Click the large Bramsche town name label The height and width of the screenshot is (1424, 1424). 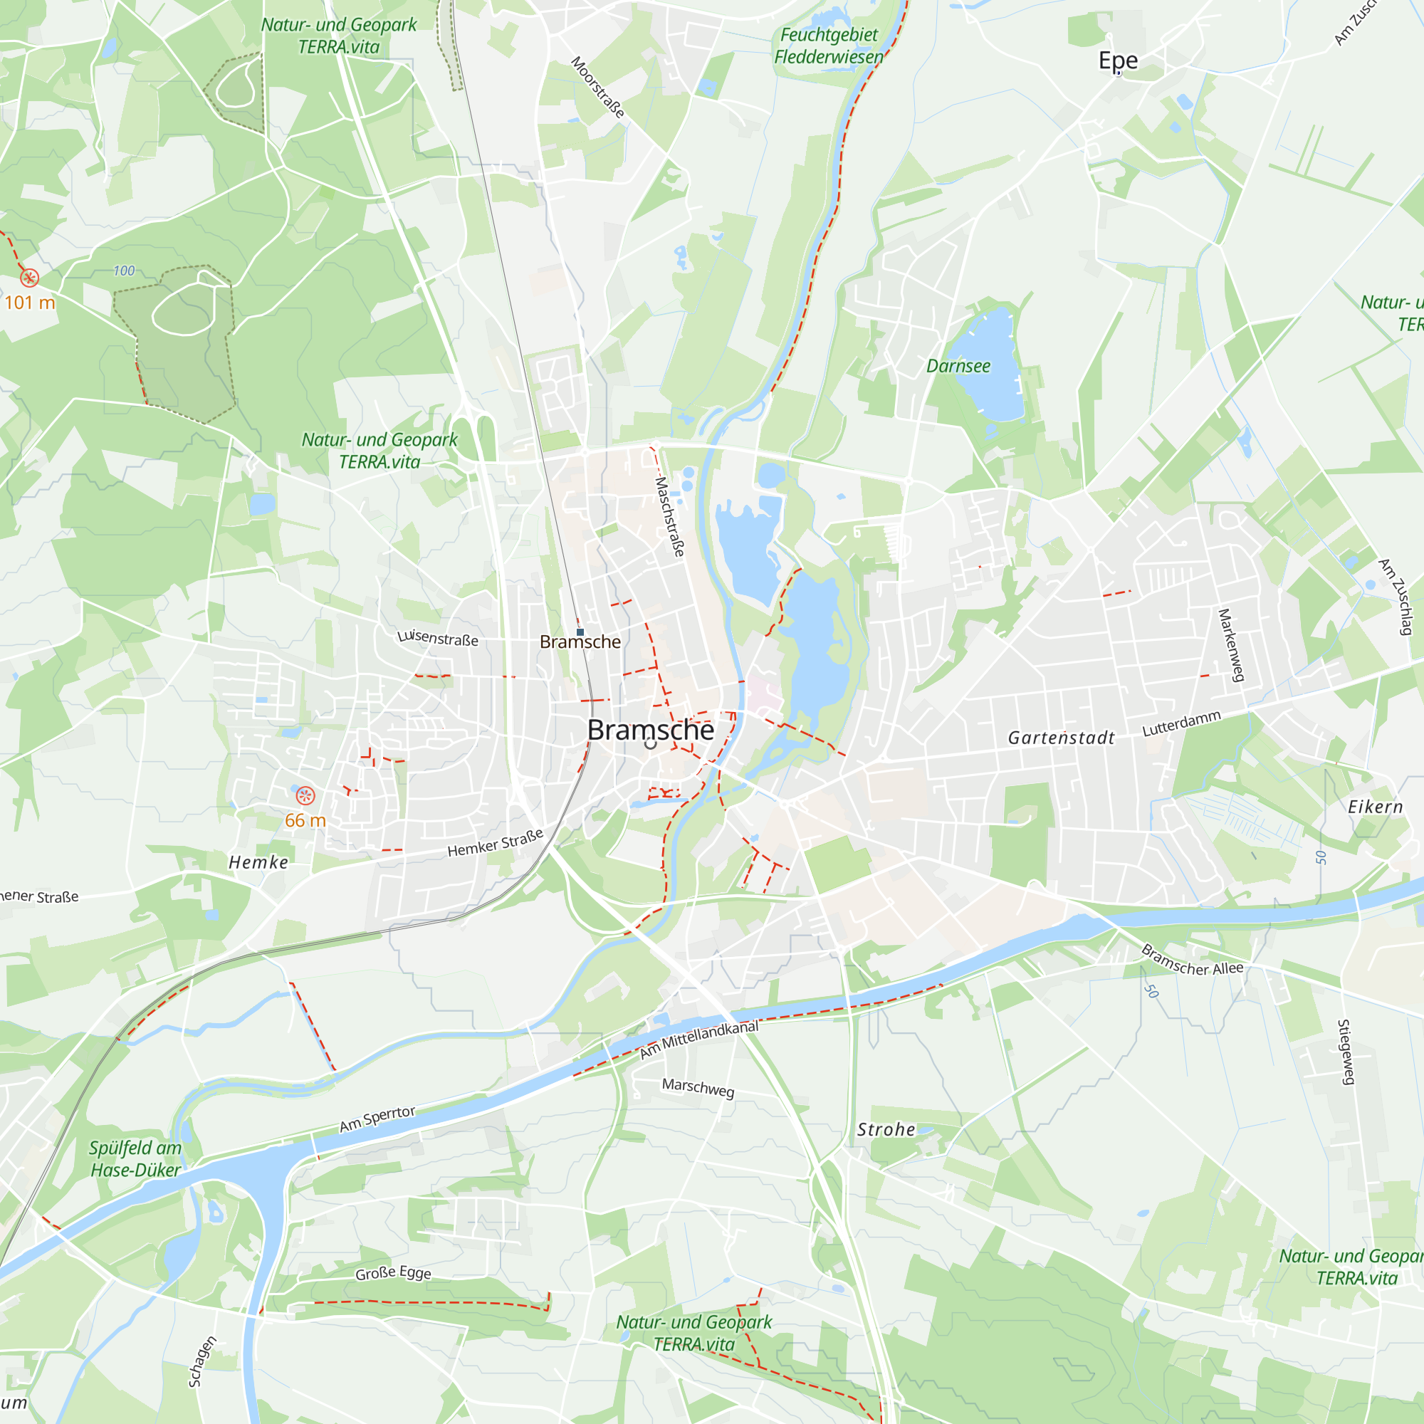pyautogui.click(x=650, y=730)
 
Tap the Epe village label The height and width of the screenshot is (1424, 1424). pyautogui.click(x=1117, y=61)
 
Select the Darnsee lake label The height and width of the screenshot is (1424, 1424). pyautogui.click(x=958, y=366)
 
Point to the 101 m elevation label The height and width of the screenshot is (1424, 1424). pyautogui.click(x=29, y=303)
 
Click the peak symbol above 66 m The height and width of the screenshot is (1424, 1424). pyautogui.click(x=305, y=796)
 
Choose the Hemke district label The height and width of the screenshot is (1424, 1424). pyautogui.click(x=258, y=862)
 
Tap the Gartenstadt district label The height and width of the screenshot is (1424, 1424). pyautogui.click(x=1061, y=738)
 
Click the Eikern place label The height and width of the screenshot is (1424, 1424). pyautogui.click(x=1376, y=807)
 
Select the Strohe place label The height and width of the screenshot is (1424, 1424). pyautogui.click(x=886, y=1130)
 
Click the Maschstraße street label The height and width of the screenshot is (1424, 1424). pyautogui.click(x=670, y=516)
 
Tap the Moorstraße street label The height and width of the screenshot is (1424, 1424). pyautogui.click(x=598, y=87)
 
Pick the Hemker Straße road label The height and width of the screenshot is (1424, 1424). pyautogui.click(x=496, y=843)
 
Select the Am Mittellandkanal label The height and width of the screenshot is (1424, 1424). pyautogui.click(x=698, y=1040)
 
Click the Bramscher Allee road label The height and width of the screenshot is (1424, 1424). pyautogui.click(x=1192, y=960)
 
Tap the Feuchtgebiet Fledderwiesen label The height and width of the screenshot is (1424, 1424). pyautogui.click(x=829, y=46)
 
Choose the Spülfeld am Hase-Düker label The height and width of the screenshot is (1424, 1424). pyautogui.click(x=135, y=1158)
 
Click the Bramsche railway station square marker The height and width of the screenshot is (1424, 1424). pyautogui.click(x=580, y=632)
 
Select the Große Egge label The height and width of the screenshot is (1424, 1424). pyautogui.click(x=393, y=1273)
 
